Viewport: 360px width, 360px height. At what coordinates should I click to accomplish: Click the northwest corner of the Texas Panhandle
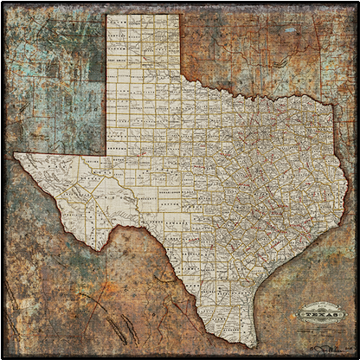pyautogui.click(x=106, y=15)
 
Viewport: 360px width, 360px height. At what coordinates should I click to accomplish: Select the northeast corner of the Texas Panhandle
pyautogui.click(x=180, y=15)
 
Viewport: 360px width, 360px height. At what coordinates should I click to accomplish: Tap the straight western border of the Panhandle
pyautogui.click(x=106, y=87)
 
